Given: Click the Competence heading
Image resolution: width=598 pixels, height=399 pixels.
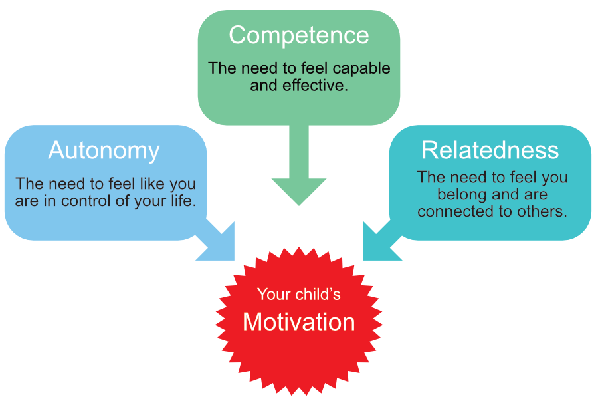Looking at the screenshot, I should click(299, 35).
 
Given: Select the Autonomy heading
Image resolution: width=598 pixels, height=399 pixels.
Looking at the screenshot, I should click(104, 151).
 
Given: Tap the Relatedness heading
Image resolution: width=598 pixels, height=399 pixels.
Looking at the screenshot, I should click(490, 150).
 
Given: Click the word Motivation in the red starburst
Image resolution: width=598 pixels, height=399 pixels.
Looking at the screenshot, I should click(299, 322).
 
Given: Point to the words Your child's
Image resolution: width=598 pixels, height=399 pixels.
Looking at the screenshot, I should click(299, 294).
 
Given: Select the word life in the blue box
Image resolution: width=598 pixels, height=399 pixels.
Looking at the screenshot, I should click(183, 199).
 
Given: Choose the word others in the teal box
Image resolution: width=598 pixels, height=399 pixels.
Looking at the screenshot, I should click(545, 211).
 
